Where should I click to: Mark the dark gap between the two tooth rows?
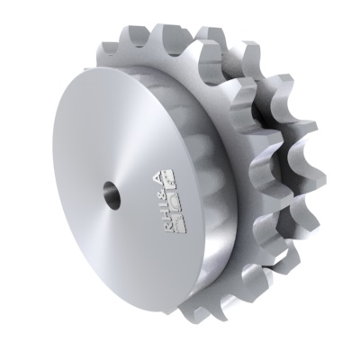[256, 135]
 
